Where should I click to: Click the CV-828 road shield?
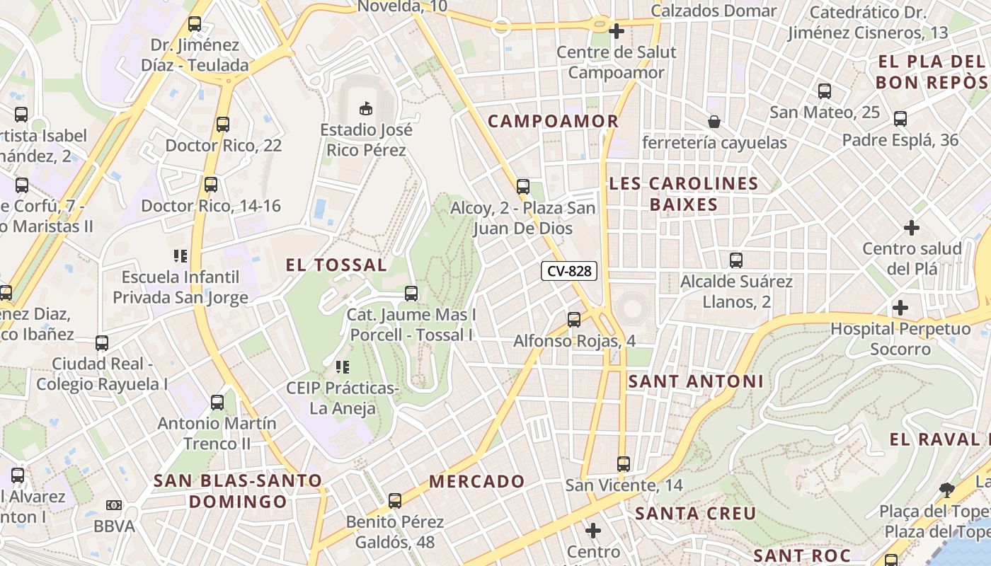[x=569, y=270]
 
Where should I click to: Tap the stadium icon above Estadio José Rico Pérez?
[x=366, y=109]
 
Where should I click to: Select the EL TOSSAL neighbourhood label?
[x=336, y=265]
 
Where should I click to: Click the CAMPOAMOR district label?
[x=554, y=121]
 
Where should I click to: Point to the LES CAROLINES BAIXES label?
[x=683, y=194]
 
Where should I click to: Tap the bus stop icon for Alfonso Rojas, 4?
[x=573, y=320]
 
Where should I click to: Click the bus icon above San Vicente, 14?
[x=623, y=464]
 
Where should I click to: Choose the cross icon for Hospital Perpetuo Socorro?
[x=900, y=308]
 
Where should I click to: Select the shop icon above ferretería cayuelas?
[x=714, y=122]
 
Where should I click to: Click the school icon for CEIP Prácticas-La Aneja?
[x=343, y=367]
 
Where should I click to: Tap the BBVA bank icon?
[x=113, y=505]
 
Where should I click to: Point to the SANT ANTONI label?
[x=696, y=381]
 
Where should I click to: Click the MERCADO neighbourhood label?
[x=477, y=482]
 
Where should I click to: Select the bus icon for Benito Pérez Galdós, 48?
[x=394, y=501]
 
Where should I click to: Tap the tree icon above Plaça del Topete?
[x=946, y=490]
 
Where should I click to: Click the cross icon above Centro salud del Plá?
[x=912, y=228]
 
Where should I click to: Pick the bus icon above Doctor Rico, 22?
[x=223, y=125]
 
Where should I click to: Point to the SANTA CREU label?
[x=695, y=513]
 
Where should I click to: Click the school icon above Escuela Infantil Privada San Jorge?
[x=181, y=255]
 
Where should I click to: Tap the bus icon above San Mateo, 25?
[x=825, y=91]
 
